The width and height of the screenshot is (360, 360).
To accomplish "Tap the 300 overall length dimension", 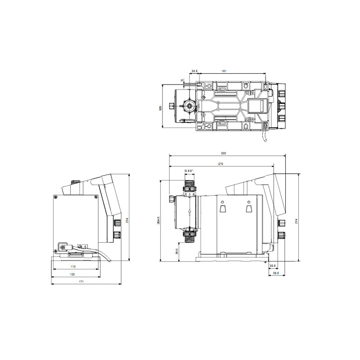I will (224, 153).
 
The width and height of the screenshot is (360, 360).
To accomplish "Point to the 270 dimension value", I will (220, 164).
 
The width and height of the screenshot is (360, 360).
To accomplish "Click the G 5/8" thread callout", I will (189, 171).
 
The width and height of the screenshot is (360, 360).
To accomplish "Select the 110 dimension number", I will (74, 267).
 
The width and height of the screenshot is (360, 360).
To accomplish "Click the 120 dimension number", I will (72, 274).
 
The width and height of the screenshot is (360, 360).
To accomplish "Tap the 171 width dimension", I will (81, 282).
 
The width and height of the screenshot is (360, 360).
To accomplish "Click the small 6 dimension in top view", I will (182, 80).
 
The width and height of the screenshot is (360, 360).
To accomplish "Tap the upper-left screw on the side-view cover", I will (55, 197).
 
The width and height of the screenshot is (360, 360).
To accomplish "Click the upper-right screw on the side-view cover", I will (95, 197).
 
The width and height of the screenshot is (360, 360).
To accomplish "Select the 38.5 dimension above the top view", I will (195, 71).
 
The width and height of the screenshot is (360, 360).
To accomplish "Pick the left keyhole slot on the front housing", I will (222, 208).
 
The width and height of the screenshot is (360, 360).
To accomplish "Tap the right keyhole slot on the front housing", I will (248, 208).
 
